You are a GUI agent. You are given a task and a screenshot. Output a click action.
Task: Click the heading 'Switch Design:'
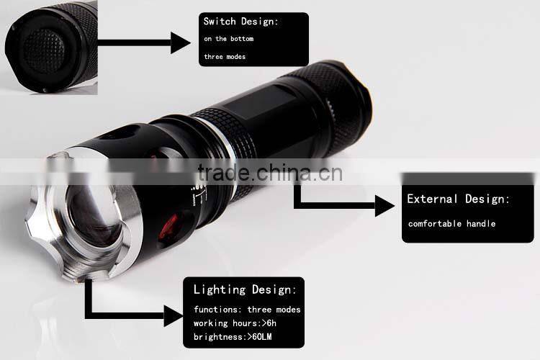[240, 22]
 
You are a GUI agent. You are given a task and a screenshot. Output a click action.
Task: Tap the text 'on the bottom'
[229, 39]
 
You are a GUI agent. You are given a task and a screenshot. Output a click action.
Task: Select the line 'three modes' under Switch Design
[225, 56]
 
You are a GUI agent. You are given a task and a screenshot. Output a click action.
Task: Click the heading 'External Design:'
[458, 199]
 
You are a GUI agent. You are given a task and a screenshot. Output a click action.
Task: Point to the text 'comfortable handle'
[452, 224]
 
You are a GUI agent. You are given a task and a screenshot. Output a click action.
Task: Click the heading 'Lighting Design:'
[245, 289]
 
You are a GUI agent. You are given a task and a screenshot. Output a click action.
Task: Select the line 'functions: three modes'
[247, 310]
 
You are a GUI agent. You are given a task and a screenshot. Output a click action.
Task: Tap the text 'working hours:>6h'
[235, 323]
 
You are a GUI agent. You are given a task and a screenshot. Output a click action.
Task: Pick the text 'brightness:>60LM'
[233, 336]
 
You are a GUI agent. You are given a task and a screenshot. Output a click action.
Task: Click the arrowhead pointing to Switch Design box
[180, 42]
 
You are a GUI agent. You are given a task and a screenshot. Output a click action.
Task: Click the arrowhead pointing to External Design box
[384, 206]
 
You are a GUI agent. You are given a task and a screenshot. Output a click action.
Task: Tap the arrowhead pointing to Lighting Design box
[173, 316]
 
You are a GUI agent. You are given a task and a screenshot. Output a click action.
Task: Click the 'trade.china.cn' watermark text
[270, 173]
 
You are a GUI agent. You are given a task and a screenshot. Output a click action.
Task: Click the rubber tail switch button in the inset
[44, 50]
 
